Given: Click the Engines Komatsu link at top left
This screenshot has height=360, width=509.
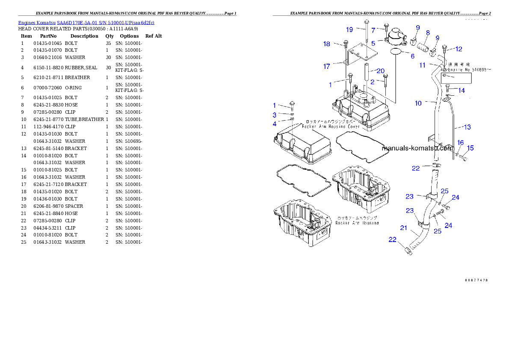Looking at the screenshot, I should pyautogui.click(x=86, y=22).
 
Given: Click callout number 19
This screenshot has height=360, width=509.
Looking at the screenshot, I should pyautogui.click(x=349, y=30).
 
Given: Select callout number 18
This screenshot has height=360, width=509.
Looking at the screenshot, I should pyautogui.click(x=327, y=44).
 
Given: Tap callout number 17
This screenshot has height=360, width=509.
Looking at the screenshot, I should pyautogui.click(x=326, y=66).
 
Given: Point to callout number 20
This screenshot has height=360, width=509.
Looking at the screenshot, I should pyautogui.click(x=380, y=71).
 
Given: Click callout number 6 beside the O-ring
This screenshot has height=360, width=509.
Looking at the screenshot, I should pyautogui.click(x=412, y=56).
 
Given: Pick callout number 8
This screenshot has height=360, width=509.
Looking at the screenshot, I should pyautogui.click(x=428, y=32).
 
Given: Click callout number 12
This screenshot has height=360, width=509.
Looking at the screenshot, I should pyautogui.click(x=459, y=49).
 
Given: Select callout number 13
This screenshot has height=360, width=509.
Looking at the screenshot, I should pyautogui.click(x=467, y=127).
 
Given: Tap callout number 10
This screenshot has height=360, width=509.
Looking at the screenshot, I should pyautogui.click(x=418, y=103).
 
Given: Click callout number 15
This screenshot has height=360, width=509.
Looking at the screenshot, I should pyautogui.click(x=470, y=148).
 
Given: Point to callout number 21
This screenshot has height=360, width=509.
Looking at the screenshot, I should pyautogui.click(x=403, y=228).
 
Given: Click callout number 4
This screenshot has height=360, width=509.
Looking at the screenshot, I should pyautogui.click(x=275, y=124).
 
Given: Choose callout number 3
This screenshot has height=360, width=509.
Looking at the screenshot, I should pyautogui.click(x=275, y=115).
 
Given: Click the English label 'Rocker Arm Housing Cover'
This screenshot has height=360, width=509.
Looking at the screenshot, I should pyautogui.click(x=330, y=127).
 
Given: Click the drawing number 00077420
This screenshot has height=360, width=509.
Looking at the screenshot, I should pyautogui.click(x=476, y=280).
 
